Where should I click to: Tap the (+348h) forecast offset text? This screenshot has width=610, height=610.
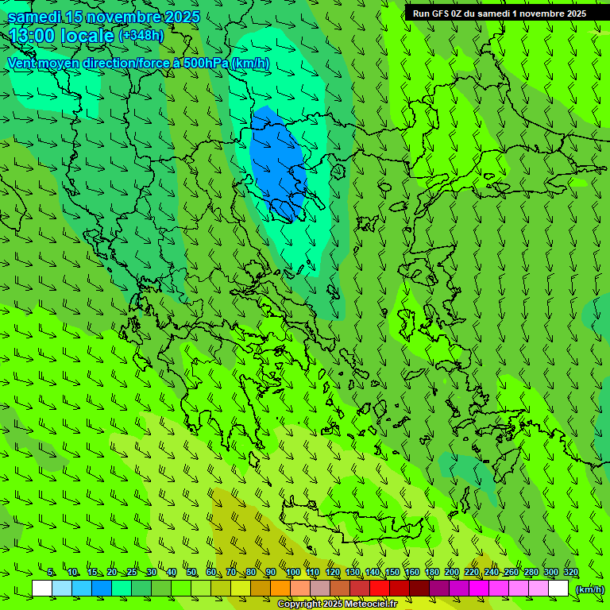(x=141, y=35)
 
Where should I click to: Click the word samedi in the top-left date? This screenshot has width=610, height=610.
(x=31, y=17)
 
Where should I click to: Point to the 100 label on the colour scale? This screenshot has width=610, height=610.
(x=292, y=573)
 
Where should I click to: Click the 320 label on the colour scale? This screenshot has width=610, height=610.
(x=570, y=573)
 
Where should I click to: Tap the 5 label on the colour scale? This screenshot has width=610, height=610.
(x=51, y=573)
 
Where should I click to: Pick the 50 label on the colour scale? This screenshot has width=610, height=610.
(x=191, y=573)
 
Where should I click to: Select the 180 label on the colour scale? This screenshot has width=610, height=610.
(x=431, y=573)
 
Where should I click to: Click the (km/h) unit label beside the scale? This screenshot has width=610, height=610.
(x=589, y=589)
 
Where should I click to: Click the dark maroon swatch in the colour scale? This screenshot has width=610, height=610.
(x=419, y=589)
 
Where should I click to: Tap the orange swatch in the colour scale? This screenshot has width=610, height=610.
(x=280, y=589)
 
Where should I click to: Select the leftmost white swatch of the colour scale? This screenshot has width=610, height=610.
(x=42, y=589)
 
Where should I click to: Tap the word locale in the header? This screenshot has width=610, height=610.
(x=87, y=35)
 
